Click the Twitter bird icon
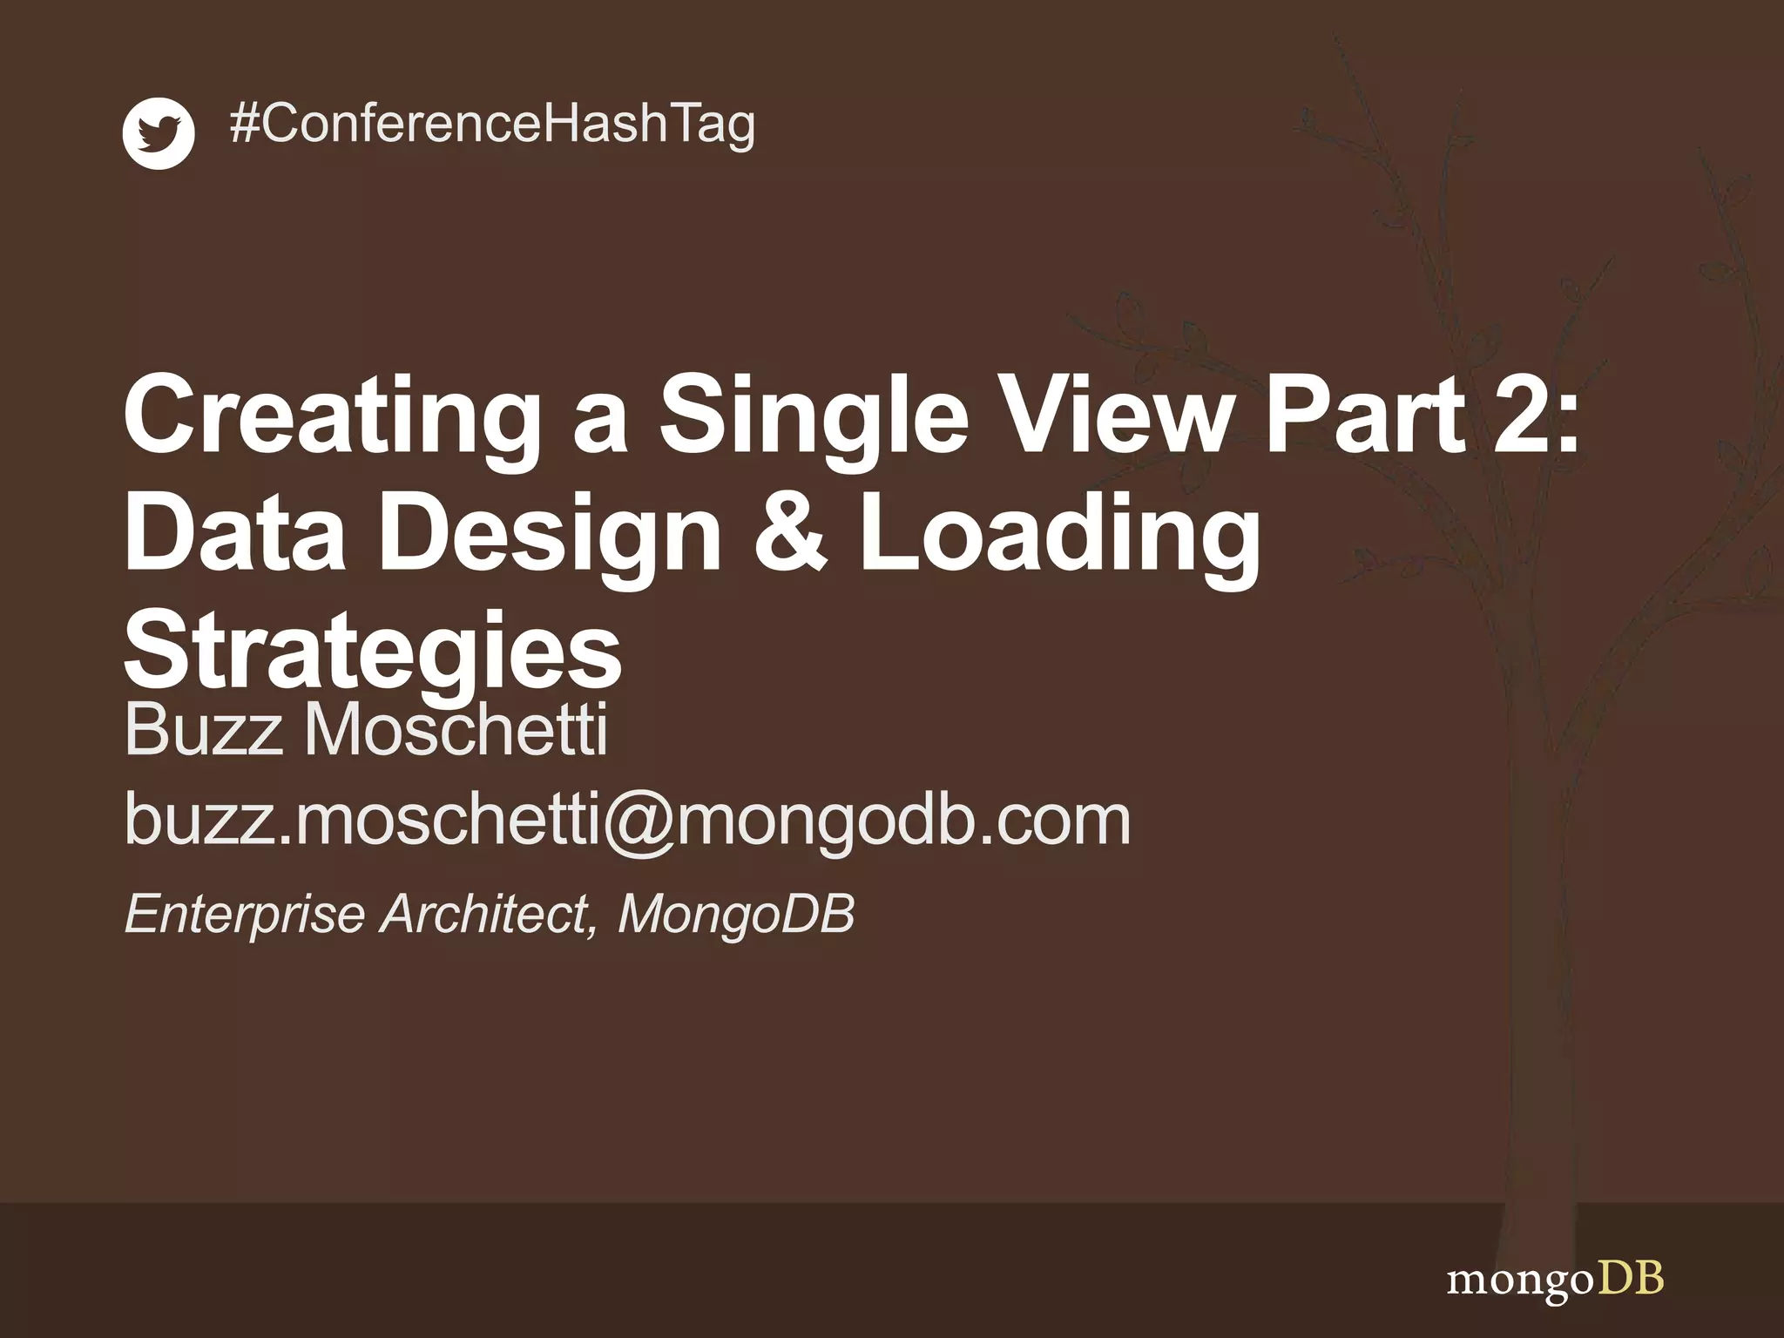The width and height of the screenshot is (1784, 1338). (x=159, y=133)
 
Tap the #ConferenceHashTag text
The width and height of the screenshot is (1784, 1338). (x=492, y=124)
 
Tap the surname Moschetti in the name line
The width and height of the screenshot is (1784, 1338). (x=455, y=730)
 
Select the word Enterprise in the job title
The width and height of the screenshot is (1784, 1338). (x=245, y=915)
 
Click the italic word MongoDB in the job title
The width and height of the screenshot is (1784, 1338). (x=736, y=915)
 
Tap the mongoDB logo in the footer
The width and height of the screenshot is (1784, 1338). (x=1555, y=1281)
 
